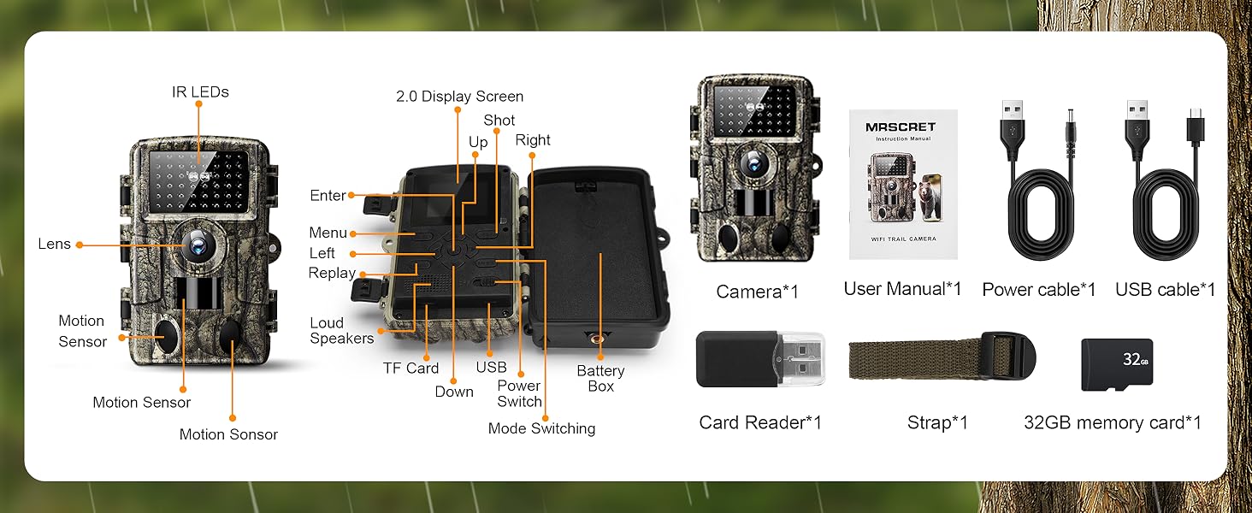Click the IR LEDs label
pos(200,92)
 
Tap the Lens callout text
pos(54,245)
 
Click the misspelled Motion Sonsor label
pos(228,434)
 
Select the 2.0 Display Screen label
pos(459,97)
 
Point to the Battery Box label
pos(600,378)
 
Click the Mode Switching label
pos(541,428)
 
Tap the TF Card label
pos(410,369)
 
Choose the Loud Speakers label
pos(341,330)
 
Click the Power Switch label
pos(519,393)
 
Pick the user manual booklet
pos(902,184)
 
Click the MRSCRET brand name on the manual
pos(900,127)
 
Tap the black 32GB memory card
pos(1116,364)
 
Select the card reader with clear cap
pos(759,358)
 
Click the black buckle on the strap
pos(1010,356)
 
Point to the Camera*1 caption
pos(757,292)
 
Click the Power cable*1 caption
pos(1038,290)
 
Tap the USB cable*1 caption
pos(1165,290)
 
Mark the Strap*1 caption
pos(937,422)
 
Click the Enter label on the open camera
pos(328,196)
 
